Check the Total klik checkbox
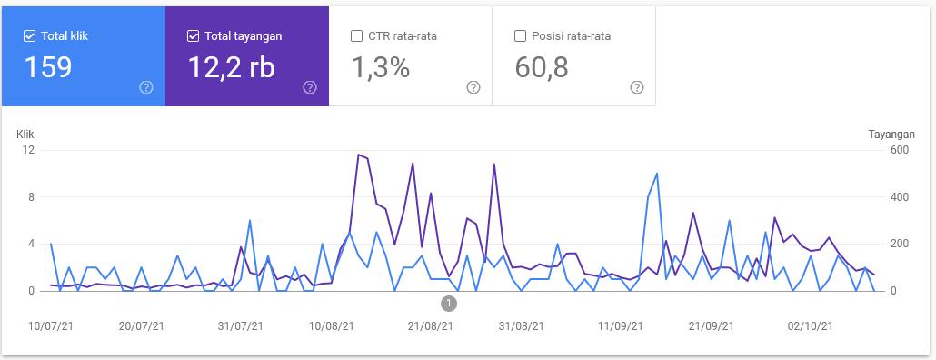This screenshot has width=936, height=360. coord(30,36)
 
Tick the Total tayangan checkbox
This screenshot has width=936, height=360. coord(194,36)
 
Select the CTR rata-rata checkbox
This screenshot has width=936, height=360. coord(357,36)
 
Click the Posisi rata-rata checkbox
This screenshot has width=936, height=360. coord(521,36)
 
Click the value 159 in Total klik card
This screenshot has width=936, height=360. coord(48,68)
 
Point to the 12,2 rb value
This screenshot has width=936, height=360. coord(231,68)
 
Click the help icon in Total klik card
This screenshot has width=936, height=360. coord(145,87)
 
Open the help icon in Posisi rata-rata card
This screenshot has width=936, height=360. coord(636,87)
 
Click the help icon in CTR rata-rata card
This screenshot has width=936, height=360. coord(473,87)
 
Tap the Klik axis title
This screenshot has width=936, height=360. coord(25,134)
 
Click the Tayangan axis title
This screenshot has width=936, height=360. coord(891,134)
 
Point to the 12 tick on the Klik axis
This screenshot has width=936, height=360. coord(29,150)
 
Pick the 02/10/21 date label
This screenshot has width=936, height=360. coord(809,325)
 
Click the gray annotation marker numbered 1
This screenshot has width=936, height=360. coord(449,303)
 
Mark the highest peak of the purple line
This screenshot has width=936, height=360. coord(359,155)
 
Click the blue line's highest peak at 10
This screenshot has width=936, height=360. coord(656,174)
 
